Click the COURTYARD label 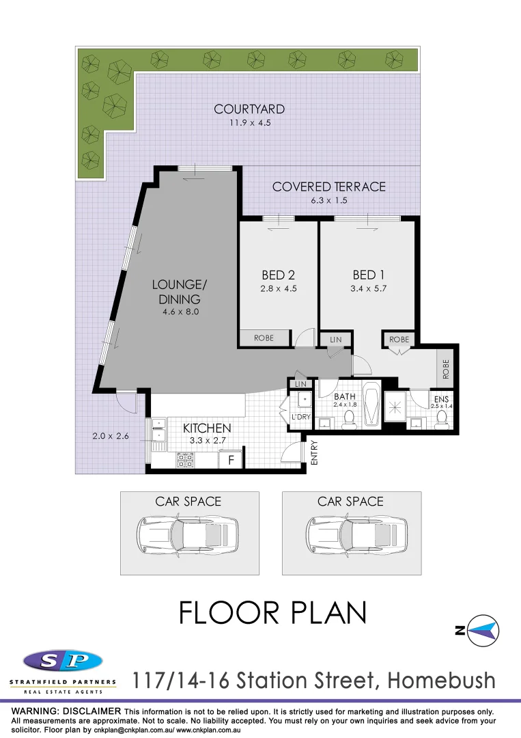tap(249, 109)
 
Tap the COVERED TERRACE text tap(328, 187)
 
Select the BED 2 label tap(278, 275)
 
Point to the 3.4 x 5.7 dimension tap(364, 288)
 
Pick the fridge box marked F tap(231, 460)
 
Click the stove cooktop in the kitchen tap(185, 460)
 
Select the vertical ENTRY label tap(315, 453)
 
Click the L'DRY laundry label tap(300, 416)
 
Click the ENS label tap(441, 398)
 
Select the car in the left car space tap(189, 536)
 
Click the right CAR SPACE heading tap(350, 502)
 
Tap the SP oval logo tap(63, 661)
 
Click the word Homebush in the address tap(440, 681)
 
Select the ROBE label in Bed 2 tap(264, 338)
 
